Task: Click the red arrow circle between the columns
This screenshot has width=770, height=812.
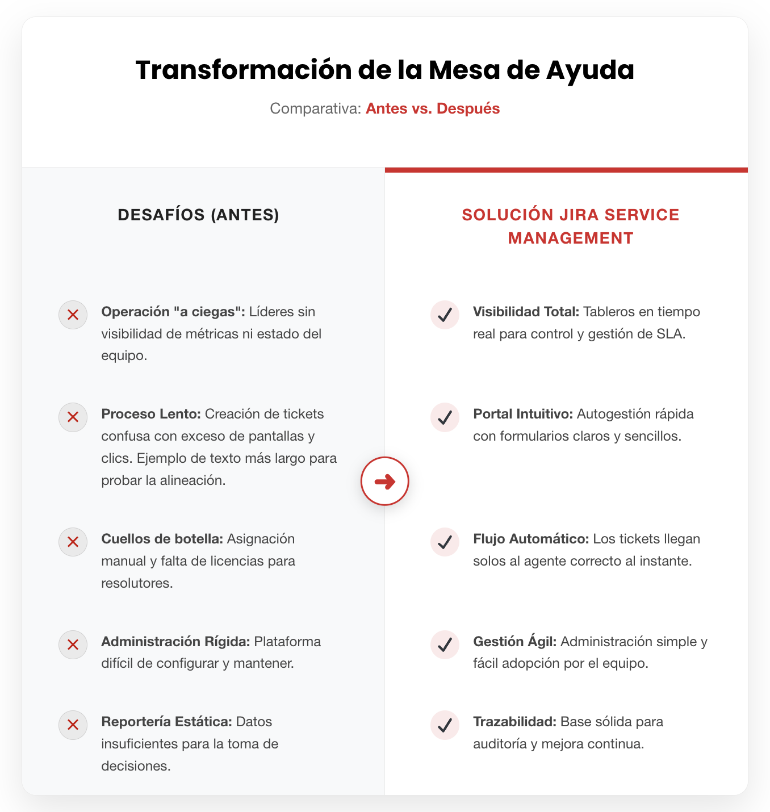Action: pyautogui.click(x=385, y=481)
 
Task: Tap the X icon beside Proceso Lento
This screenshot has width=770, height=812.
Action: pyautogui.click(x=73, y=417)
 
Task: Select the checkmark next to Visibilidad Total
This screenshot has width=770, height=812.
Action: pyautogui.click(x=445, y=315)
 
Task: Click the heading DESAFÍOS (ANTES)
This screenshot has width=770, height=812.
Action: pyautogui.click(x=198, y=215)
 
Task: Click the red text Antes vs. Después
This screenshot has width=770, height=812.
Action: pyautogui.click(x=433, y=108)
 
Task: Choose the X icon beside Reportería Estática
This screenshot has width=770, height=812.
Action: pyautogui.click(x=73, y=725)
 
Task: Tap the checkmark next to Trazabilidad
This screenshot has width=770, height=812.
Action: pyautogui.click(x=445, y=725)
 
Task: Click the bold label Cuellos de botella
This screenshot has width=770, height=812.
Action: pyautogui.click(x=162, y=539)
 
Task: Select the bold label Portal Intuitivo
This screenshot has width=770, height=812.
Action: pyautogui.click(x=522, y=414)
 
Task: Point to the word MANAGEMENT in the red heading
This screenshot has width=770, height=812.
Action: pyautogui.click(x=570, y=238)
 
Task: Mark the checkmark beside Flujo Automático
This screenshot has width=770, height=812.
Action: pyautogui.click(x=445, y=542)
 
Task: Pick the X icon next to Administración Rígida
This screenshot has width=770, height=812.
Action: pyautogui.click(x=73, y=644)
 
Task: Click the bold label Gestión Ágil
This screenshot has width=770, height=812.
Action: pyautogui.click(x=516, y=642)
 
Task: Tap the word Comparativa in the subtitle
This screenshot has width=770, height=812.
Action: pyautogui.click(x=315, y=108)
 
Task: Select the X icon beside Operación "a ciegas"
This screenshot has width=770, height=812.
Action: pyautogui.click(x=73, y=315)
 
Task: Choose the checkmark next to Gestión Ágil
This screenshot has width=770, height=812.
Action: pyautogui.click(x=445, y=644)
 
